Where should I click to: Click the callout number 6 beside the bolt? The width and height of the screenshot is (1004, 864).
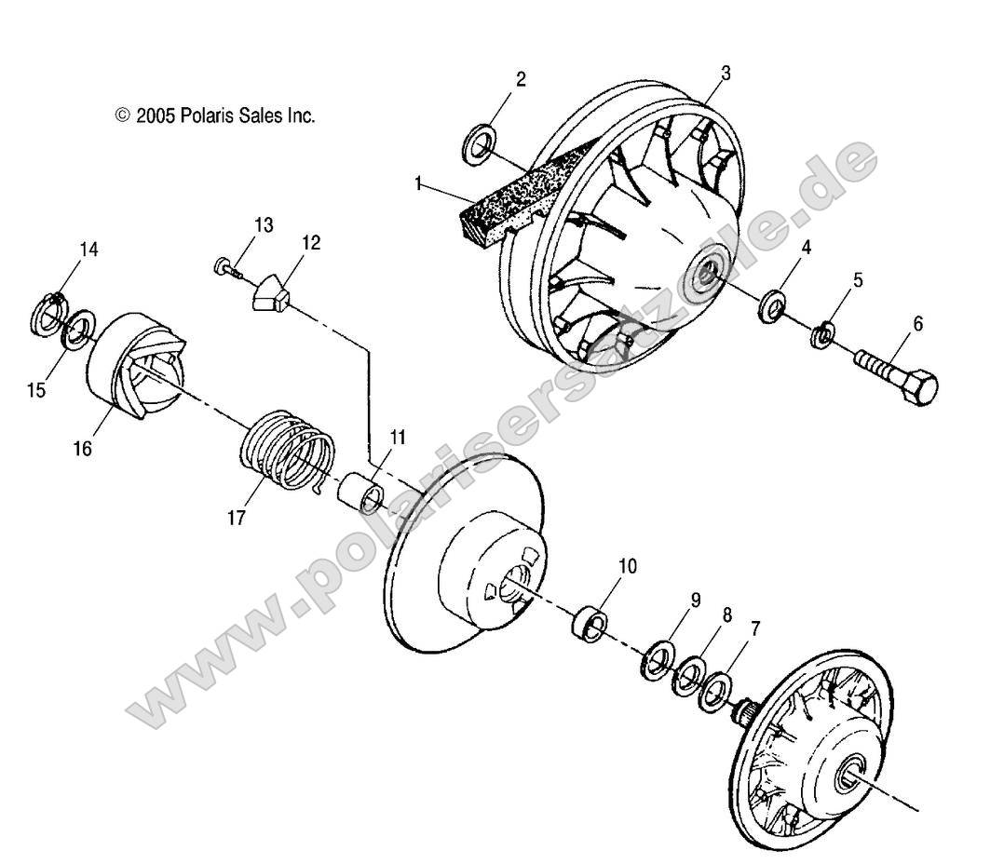(917, 324)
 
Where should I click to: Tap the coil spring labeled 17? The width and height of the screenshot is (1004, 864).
(286, 449)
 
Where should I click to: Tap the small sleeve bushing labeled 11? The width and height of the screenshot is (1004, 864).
(362, 493)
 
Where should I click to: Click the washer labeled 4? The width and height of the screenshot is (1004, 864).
(772, 306)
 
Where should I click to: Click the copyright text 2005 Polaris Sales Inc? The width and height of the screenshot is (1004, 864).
(215, 115)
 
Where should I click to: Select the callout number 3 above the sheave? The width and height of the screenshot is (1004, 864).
(726, 72)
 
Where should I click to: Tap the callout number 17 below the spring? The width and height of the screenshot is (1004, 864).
(237, 518)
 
